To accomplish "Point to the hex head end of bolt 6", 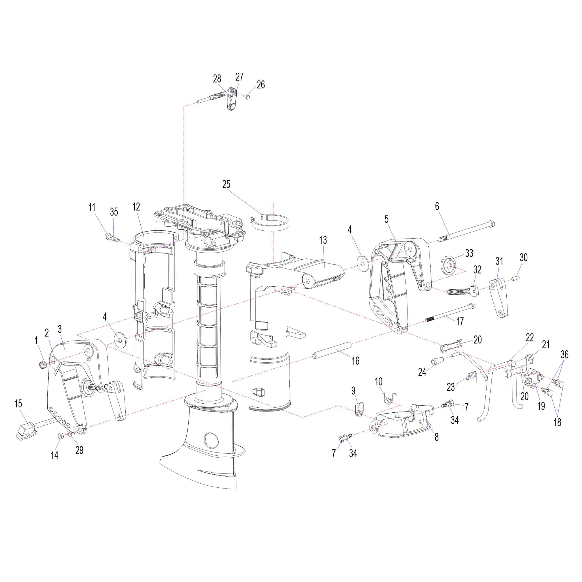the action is coord(491,224).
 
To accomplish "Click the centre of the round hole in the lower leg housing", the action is coord(212,440).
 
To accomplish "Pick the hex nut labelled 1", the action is coord(43,365).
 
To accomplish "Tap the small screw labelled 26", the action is coord(248,97).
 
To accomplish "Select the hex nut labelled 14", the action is coord(61,436).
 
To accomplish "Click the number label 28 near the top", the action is coord(217,79).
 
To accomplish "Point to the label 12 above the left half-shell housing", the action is coord(136,207).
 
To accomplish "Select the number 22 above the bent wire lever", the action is coord(530,337).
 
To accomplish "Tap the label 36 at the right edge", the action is coord(565,354).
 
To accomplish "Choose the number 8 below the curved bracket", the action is coord(436,437).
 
